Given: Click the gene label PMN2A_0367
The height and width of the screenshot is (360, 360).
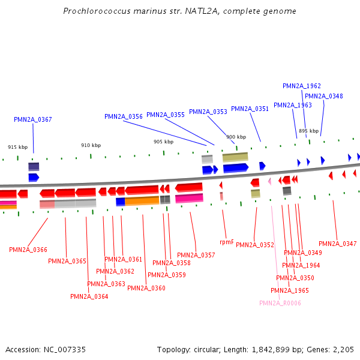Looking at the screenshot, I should tap(33, 119).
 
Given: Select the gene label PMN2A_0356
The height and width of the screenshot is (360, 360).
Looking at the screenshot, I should tap(124, 116).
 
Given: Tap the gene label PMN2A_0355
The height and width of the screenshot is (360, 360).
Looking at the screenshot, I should tap(166, 115).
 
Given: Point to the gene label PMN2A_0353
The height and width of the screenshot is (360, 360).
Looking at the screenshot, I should tap(208, 112).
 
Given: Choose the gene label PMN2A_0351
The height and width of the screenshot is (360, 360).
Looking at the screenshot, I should tap(250, 109).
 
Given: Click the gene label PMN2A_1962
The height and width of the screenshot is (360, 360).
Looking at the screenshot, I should tap(302, 86).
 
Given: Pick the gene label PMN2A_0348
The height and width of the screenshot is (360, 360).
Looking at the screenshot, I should tap(324, 96).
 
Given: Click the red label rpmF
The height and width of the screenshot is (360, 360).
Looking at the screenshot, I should tap(226, 242).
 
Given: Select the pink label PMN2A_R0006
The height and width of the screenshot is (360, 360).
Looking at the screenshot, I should tap(280, 303).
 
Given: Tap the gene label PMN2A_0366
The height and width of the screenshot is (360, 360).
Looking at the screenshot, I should tap(28, 250).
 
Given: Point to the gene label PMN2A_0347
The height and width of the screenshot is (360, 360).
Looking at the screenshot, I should tap(338, 244).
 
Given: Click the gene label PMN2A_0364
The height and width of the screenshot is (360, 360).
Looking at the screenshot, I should tap(89, 296).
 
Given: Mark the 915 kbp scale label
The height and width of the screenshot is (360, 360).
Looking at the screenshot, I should tap(18, 147).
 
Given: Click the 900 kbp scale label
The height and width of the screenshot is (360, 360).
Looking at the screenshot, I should tap(236, 137).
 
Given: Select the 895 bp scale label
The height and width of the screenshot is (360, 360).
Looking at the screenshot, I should tap(308, 131).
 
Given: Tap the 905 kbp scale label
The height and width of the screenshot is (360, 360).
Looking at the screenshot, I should tap(163, 142).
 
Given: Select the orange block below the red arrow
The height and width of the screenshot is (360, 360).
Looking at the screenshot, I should tap(142, 201).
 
